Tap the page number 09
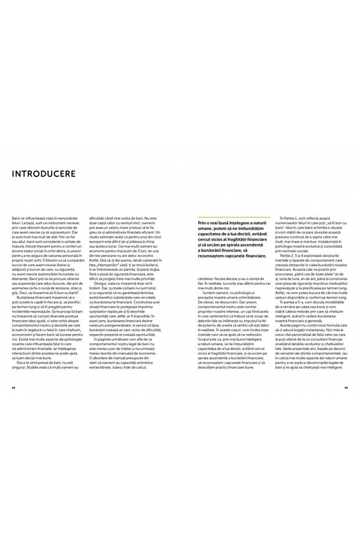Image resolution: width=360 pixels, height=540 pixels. coord(346,372)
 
